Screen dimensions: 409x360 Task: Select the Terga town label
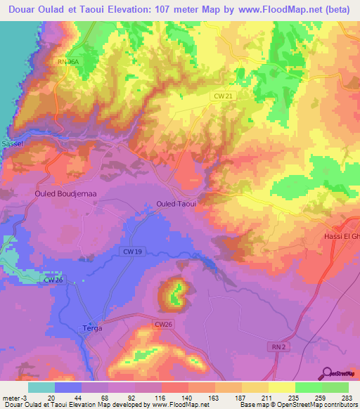pyautogui.click(x=92, y=328)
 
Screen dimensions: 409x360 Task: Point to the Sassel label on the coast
pyautogui.click(x=13, y=143)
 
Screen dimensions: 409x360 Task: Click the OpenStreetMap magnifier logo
pyautogui.click(x=326, y=374)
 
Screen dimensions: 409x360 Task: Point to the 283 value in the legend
pyautogui.click(x=347, y=397)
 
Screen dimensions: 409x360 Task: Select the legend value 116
pyautogui.click(x=160, y=397)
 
